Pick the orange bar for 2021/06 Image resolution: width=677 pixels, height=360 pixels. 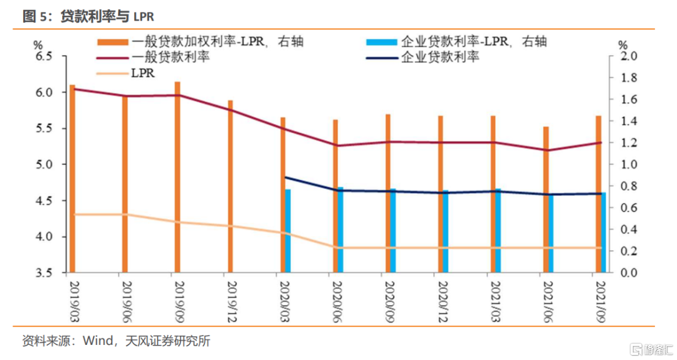pyautogui.click(x=545, y=199)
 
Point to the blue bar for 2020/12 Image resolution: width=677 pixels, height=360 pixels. pyautogui.click(x=446, y=231)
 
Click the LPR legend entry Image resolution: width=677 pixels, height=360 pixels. pyautogui.click(x=143, y=73)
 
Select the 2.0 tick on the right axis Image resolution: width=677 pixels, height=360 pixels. pyautogui.click(x=627, y=56)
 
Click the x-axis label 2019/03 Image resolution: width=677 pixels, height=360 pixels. pyautogui.click(x=71, y=295)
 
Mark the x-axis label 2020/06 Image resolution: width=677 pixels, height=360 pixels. pyautogui.click(x=335, y=295)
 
